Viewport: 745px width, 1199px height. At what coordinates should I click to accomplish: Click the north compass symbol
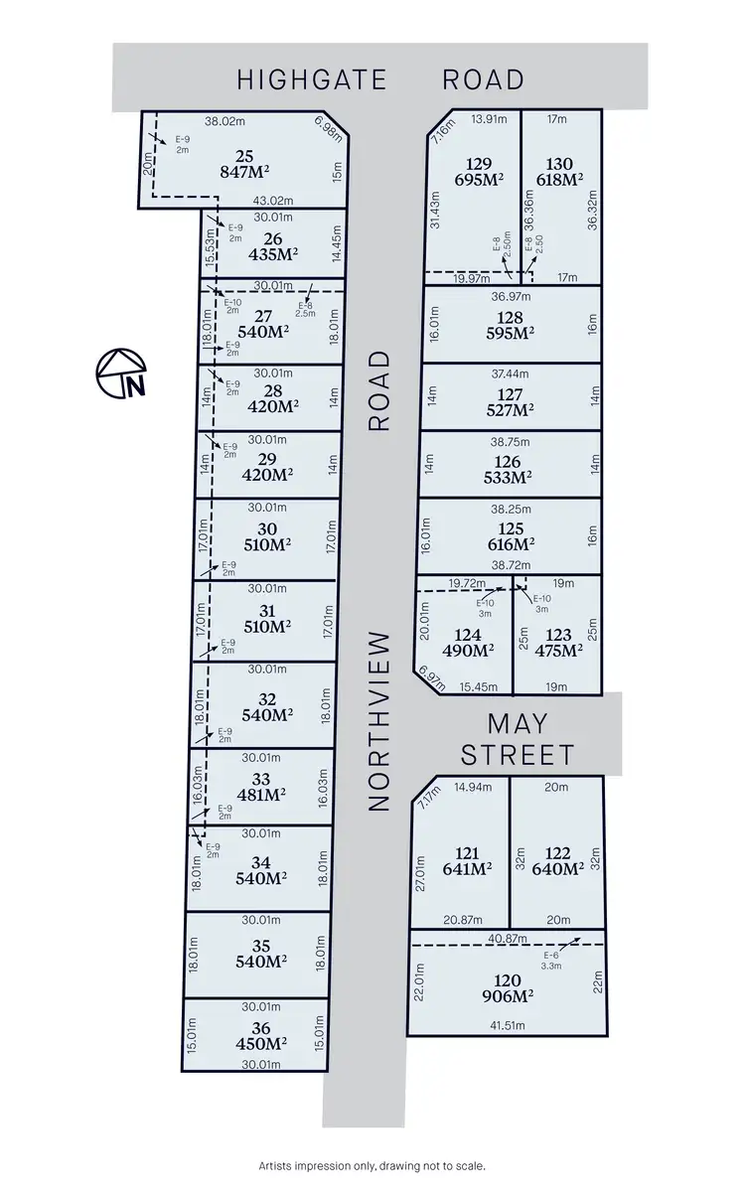point(120,373)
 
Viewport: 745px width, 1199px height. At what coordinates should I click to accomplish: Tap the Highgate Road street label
point(379,79)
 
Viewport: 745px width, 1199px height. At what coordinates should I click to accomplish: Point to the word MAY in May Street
point(518,723)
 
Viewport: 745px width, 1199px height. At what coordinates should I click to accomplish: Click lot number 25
point(244,155)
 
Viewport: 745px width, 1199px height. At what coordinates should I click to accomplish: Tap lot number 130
point(559,163)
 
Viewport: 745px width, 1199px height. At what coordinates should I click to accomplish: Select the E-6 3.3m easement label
point(549,959)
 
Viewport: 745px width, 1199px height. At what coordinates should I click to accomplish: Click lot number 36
point(262,1028)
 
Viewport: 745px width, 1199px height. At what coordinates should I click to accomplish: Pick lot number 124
point(467,635)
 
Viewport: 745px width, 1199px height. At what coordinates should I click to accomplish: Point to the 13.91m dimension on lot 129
point(489,119)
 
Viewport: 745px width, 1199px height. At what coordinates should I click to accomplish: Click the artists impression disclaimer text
point(372,1166)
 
